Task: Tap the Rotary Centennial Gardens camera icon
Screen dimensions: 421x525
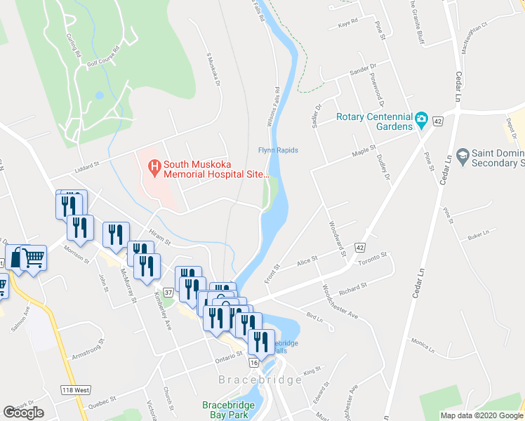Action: click(x=421, y=118)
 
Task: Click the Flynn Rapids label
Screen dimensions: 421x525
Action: click(x=278, y=150)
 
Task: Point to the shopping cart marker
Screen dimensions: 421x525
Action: click(x=26, y=259)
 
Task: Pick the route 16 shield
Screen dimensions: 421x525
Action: click(x=253, y=363)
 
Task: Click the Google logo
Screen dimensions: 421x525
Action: click(x=23, y=412)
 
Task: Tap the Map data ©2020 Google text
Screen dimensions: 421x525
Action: click(x=481, y=415)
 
